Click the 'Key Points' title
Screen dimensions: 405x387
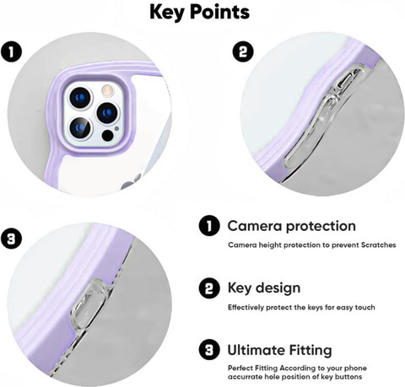(199, 13)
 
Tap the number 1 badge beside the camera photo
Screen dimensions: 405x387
(11, 52)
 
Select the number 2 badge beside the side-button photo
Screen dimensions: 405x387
(243, 52)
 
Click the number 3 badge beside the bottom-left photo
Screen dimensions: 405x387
(11, 239)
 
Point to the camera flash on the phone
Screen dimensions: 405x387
(107, 90)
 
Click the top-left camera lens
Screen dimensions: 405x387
(81, 98)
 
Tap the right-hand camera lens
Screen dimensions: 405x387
(107, 113)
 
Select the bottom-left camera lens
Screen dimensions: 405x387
(80, 128)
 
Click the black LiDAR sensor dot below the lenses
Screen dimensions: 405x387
(107, 136)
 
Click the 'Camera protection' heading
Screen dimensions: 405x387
(292, 226)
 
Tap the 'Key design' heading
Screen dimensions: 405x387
(264, 288)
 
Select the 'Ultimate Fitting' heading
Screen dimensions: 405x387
(279, 350)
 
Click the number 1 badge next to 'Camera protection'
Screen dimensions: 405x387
(209, 226)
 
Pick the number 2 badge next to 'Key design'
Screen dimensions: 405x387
(209, 288)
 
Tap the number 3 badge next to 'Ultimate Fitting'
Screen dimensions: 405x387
(209, 350)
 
